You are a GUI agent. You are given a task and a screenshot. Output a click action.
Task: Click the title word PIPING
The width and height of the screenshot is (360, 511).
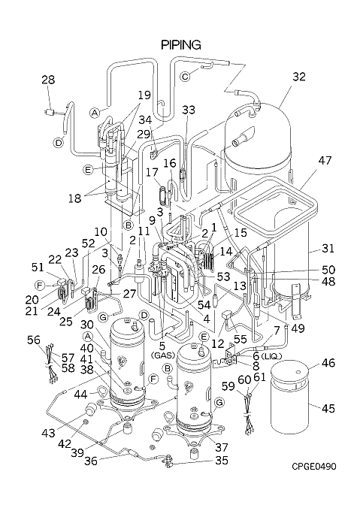tap(181, 45)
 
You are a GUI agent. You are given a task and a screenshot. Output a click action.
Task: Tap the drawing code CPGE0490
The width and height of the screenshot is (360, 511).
tap(313, 467)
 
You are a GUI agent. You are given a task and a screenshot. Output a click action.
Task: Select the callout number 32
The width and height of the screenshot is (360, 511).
tap(299, 77)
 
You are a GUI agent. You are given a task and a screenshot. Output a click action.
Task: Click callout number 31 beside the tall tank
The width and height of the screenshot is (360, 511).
tap(328, 248)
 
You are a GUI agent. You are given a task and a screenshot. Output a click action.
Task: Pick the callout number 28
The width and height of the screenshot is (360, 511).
tap(48, 80)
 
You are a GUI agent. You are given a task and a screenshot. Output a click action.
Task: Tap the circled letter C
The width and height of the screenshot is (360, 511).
tap(185, 77)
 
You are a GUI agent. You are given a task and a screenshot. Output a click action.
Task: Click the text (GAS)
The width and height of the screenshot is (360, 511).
tap(163, 355)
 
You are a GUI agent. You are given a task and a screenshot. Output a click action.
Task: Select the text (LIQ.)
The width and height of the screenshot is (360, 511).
tap(271, 356)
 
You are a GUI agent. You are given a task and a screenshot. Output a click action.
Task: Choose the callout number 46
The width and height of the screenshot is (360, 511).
tap(328, 362)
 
